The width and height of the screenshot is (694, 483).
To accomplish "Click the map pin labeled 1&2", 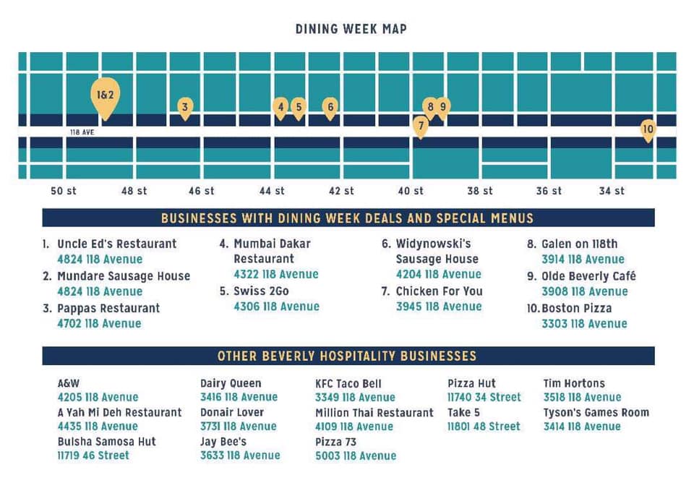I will (x=106, y=95).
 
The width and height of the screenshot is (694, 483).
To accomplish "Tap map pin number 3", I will (x=185, y=108).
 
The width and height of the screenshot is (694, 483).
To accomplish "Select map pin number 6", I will (x=330, y=108).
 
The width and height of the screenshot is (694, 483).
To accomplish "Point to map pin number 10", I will (x=648, y=130).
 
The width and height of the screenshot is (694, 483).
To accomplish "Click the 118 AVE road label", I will (x=82, y=133).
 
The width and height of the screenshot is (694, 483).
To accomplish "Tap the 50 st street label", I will (x=64, y=191).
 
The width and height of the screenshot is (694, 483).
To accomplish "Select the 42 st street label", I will (x=341, y=191).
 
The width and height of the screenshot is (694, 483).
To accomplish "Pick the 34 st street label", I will (x=612, y=191).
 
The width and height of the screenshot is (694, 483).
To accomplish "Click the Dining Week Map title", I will (x=351, y=30).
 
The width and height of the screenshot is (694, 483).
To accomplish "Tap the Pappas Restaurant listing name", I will (x=108, y=308).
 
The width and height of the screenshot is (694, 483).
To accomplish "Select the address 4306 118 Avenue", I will (x=276, y=307).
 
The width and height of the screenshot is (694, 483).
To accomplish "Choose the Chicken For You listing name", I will (x=439, y=291).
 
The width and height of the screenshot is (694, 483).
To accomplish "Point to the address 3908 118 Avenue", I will (x=584, y=291).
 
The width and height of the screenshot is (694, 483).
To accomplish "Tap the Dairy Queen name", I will (x=231, y=383).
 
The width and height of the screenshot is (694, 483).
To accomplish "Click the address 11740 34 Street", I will (x=484, y=397).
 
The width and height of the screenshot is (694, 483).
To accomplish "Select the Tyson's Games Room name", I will (x=596, y=412).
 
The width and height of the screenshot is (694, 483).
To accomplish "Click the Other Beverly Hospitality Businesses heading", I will (x=347, y=356).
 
